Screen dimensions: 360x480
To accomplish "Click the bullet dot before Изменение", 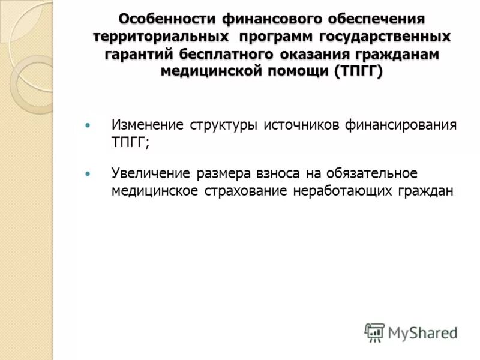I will pos(88,125).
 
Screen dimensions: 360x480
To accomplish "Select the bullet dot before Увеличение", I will pos(88,173).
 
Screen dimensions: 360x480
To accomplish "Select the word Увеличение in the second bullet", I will pos(151,173).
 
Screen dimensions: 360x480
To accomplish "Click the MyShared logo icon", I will pos(374,331).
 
